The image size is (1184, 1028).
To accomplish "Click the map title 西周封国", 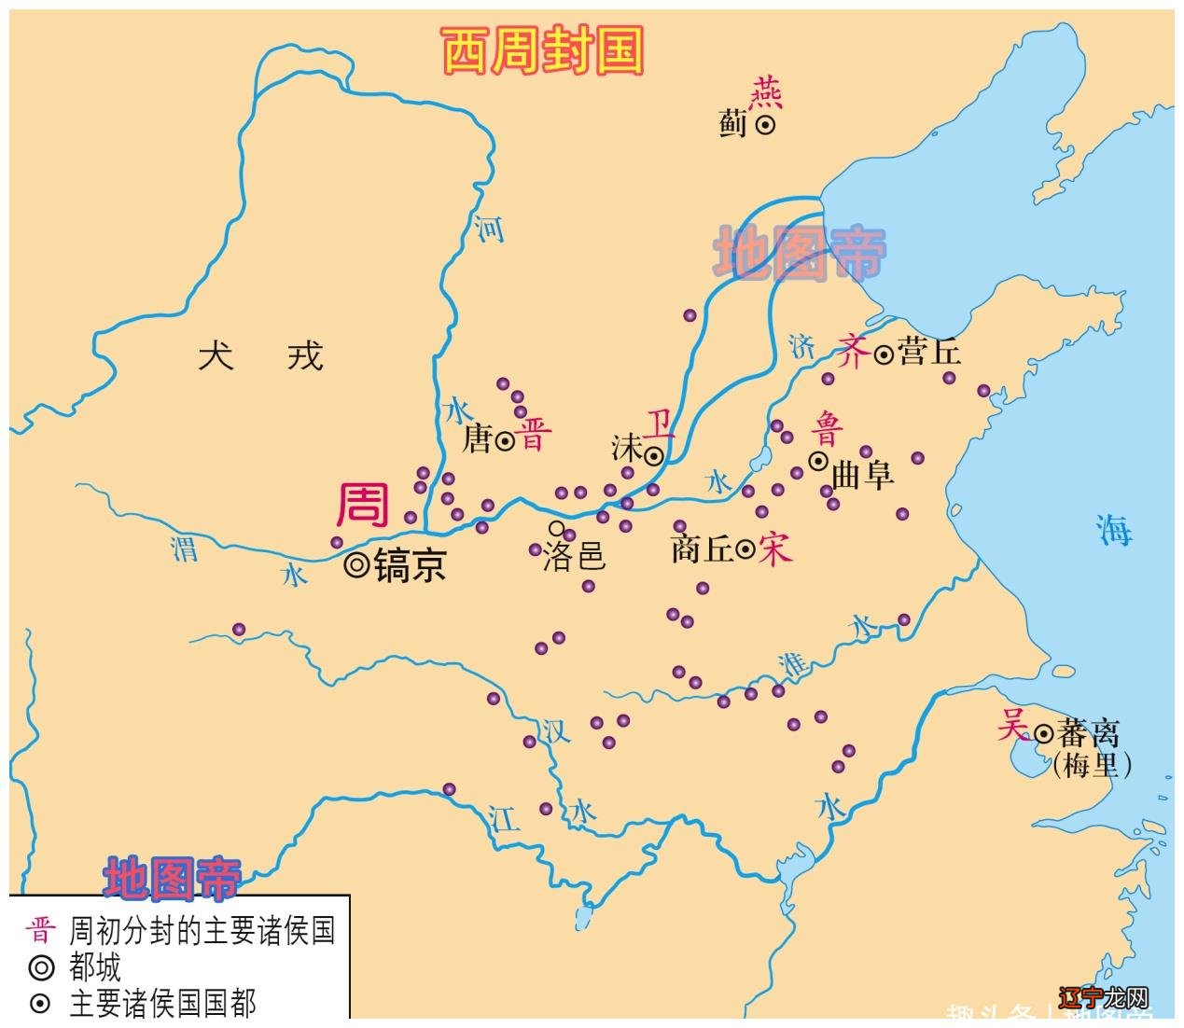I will click(542, 51).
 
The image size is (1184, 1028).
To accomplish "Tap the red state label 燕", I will click(766, 93).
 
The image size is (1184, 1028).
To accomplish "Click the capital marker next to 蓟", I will click(765, 125).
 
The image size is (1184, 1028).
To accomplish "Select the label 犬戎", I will click(260, 355).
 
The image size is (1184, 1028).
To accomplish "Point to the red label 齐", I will click(853, 352).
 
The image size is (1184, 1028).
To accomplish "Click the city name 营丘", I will click(929, 352).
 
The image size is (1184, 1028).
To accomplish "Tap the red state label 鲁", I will click(827, 429).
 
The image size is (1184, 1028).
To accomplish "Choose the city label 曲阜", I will click(862, 474).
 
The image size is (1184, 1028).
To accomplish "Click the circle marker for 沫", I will click(654, 456).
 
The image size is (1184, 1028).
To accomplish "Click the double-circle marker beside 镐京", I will click(356, 564).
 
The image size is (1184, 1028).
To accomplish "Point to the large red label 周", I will click(362, 505).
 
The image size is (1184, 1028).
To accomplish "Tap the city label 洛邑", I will click(575, 557).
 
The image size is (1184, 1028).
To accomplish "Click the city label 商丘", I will click(702, 549).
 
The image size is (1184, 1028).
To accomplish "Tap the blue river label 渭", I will click(185, 548).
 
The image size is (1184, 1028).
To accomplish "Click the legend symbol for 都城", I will click(41, 967).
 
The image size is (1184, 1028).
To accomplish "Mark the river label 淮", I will click(793, 664).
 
